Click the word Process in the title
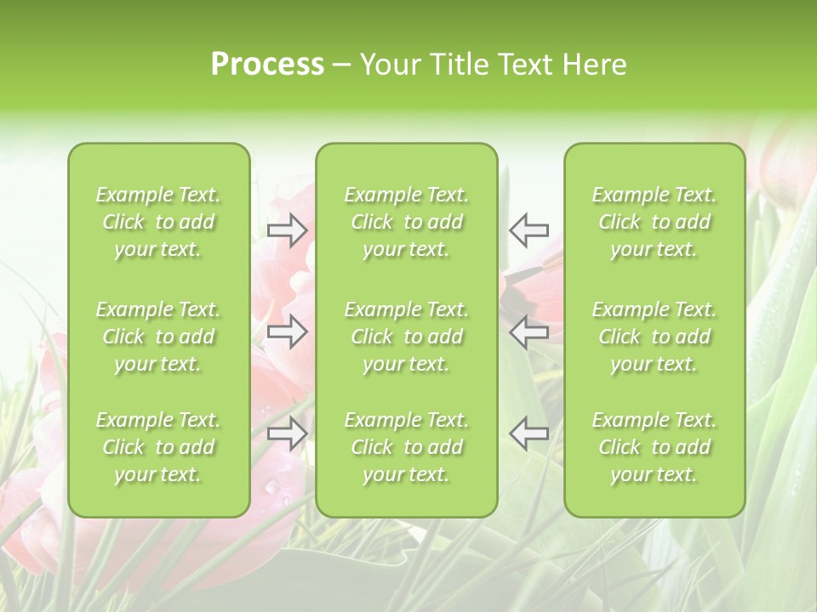(x=267, y=65)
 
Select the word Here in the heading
(x=594, y=65)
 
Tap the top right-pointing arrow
(x=287, y=229)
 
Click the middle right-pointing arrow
(x=287, y=331)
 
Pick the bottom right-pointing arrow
(x=287, y=433)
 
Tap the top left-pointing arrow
(x=528, y=229)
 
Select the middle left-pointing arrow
(x=528, y=331)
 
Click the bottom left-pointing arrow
(x=528, y=433)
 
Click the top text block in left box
(x=158, y=222)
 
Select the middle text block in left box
(x=158, y=337)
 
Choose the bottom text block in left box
(x=158, y=447)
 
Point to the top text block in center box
(x=406, y=222)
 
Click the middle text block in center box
(x=406, y=337)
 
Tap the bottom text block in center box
(x=406, y=447)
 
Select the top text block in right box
(x=654, y=222)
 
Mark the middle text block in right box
(x=654, y=337)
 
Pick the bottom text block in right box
(x=654, y=447)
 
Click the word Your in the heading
(x=391, y=65)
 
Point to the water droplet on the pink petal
(x=271, y=486)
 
